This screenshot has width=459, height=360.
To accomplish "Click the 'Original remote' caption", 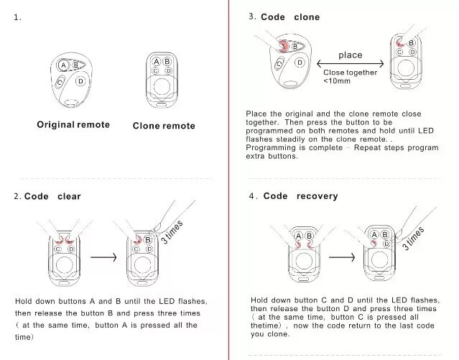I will (73, 125).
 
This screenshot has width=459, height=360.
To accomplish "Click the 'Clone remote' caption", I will (164, 126).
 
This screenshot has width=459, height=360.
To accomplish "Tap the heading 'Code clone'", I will (290, 17).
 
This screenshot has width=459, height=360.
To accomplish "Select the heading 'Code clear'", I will (52, 196).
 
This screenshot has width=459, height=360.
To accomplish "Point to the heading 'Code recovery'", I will (300, 196).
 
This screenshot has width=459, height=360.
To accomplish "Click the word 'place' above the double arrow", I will (350, 55).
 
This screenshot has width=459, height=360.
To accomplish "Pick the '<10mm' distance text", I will (337, 80).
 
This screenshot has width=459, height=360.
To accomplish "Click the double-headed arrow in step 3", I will (350, 64).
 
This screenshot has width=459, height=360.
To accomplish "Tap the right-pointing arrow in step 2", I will (104, 256).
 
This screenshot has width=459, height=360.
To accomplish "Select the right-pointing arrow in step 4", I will (341, 256).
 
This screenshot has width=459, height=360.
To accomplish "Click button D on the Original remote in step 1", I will (80, 80).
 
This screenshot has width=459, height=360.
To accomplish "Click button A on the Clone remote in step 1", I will (156, 63).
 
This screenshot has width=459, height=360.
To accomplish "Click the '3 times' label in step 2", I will (172, 232).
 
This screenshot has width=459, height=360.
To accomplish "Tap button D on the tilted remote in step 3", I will (300, 63).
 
